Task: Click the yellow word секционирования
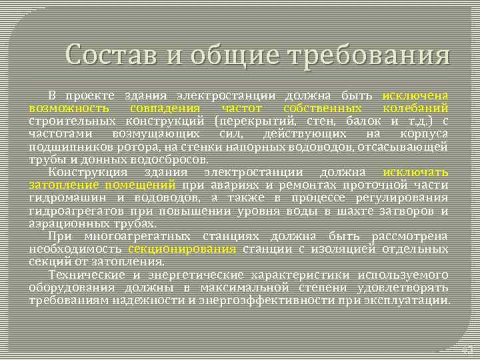click(182, 249)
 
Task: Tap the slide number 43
click(467, 349)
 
